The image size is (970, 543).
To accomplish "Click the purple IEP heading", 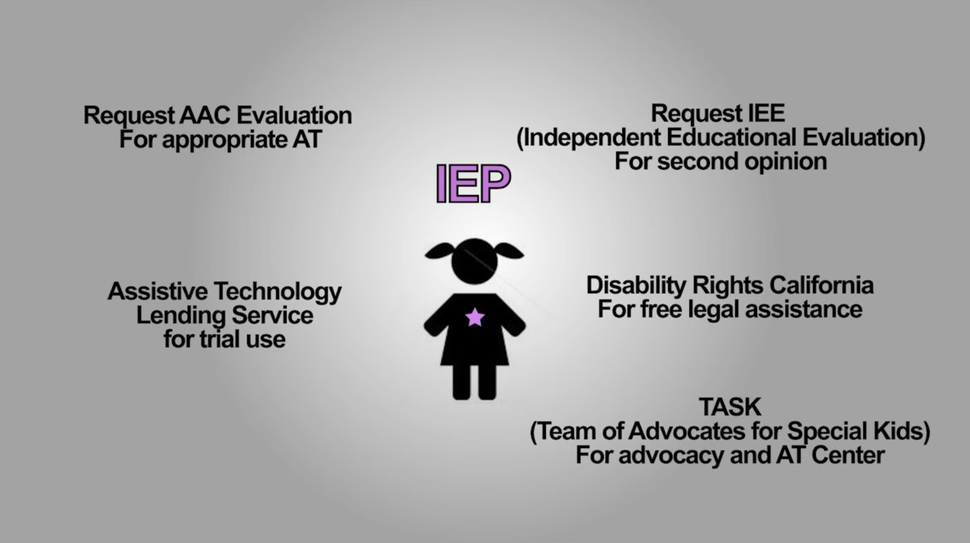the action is (x=473, y=183).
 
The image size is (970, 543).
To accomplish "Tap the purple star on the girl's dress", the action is (x=475, y=317).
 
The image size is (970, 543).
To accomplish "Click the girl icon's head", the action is (x=474, y=261).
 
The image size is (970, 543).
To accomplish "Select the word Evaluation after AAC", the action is (x=294, y=115).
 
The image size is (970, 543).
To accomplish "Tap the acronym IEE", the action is (x=766, y=114).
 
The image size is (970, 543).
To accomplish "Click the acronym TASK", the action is (x=730, y=407).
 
